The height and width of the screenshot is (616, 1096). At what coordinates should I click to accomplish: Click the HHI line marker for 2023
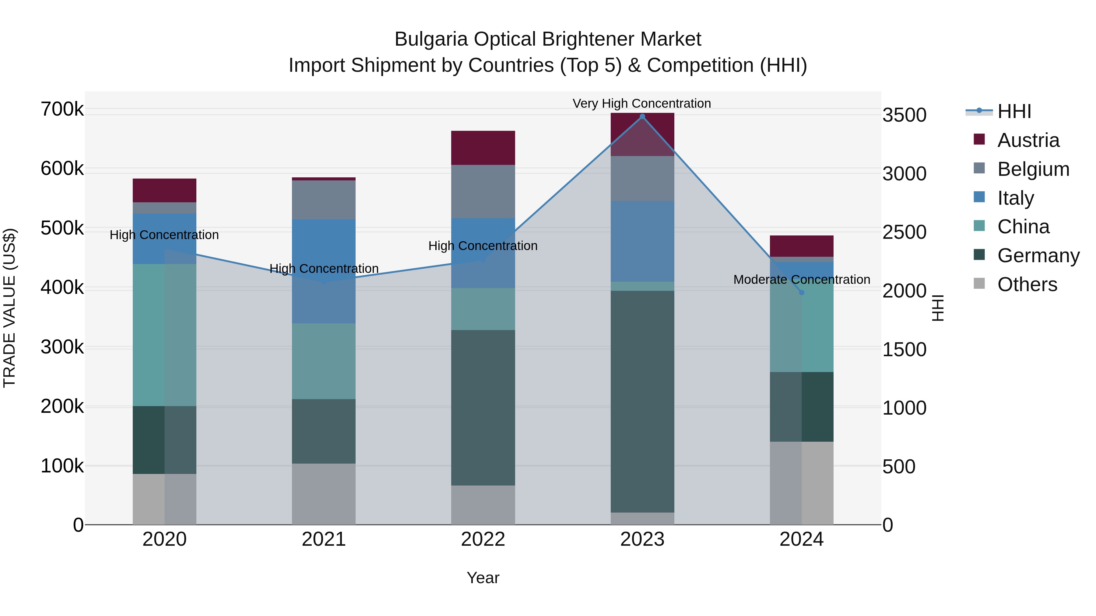(x=642, y=117)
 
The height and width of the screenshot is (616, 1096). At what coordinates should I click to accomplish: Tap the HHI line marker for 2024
(x=802, y=292)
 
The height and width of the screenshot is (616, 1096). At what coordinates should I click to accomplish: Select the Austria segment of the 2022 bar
(x=483, y=148)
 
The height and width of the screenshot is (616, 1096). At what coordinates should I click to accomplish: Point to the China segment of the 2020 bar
(x=165, y=335)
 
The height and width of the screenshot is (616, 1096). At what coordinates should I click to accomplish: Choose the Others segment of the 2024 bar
(x=802, y=483)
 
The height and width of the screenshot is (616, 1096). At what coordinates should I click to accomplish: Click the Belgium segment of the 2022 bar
(x=483, y=191)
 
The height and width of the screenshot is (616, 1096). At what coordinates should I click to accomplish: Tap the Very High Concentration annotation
(x=641, y=103)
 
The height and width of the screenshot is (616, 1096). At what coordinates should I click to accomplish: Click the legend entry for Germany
(x=1038, y=256)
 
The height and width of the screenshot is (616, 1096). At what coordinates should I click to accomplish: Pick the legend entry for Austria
(x=1028, y=140)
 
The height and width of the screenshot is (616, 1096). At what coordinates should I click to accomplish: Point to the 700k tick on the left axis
(x=62, y=109)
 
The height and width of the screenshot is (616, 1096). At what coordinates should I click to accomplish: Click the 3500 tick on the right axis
(x=905, y=115)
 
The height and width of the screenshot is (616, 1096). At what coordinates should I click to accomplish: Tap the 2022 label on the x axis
(x=483, y=539)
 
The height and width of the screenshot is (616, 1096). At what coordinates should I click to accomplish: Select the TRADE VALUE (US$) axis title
(x=9, y=308)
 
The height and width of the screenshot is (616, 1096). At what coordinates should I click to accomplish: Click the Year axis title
(x=483, y=578)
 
